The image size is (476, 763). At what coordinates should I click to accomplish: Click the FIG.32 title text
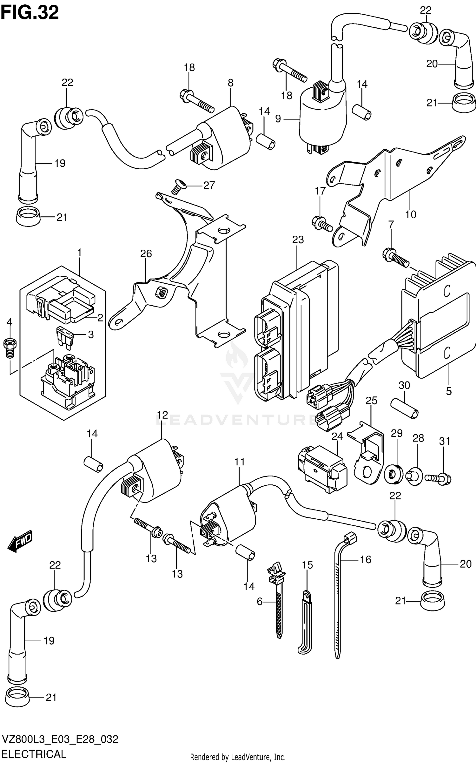coord(30,13)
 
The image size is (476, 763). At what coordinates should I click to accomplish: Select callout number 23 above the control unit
coord(298,240)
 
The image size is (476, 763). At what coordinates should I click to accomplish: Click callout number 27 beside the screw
coord(209,185)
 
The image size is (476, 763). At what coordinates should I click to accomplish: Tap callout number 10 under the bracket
coord(410,214)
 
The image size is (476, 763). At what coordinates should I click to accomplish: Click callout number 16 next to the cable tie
coord(366,559)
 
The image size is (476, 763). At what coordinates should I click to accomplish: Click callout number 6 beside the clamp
coord(260,601)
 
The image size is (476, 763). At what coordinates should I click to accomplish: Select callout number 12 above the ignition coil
coord(162,415)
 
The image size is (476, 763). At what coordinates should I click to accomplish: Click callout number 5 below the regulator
coord(448,391)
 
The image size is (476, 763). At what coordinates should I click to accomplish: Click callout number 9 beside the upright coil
coord(278,119)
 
